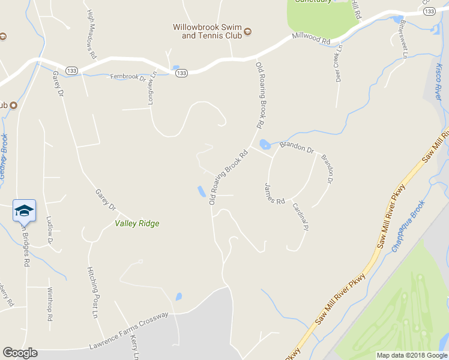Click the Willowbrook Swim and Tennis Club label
(206, 31)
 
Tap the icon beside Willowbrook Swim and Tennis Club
(247, 32)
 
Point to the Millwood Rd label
(312, 39)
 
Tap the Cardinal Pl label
(300, 217)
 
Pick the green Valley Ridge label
(137, 224)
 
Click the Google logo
(20, 353)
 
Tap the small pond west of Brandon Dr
(265, 144)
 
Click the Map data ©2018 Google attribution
(411, 355)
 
